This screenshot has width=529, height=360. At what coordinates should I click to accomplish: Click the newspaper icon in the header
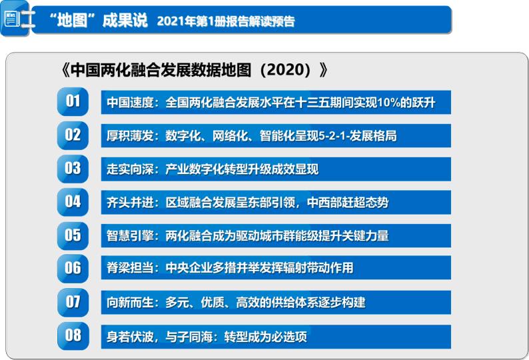pos(11,19)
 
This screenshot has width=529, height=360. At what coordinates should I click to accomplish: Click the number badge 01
pos(73,101)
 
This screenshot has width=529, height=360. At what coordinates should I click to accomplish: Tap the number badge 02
pos(73,135)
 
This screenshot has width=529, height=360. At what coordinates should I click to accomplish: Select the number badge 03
pos(73,169)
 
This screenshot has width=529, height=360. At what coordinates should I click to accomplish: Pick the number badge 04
pos(73,201)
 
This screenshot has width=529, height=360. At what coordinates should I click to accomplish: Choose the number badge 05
pos(73,235)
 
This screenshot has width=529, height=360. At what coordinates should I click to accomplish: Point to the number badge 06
pos(73,268)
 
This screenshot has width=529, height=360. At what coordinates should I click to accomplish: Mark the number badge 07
pos(73,302)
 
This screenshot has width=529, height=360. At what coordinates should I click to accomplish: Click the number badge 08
pos(73,336)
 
